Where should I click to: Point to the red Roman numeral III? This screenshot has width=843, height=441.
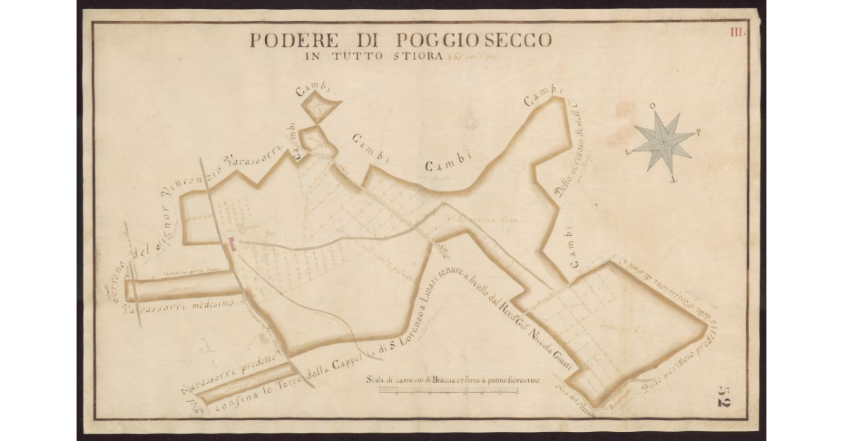tap(737, 32)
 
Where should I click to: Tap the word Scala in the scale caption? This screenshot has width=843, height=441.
tap(377, 381)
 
